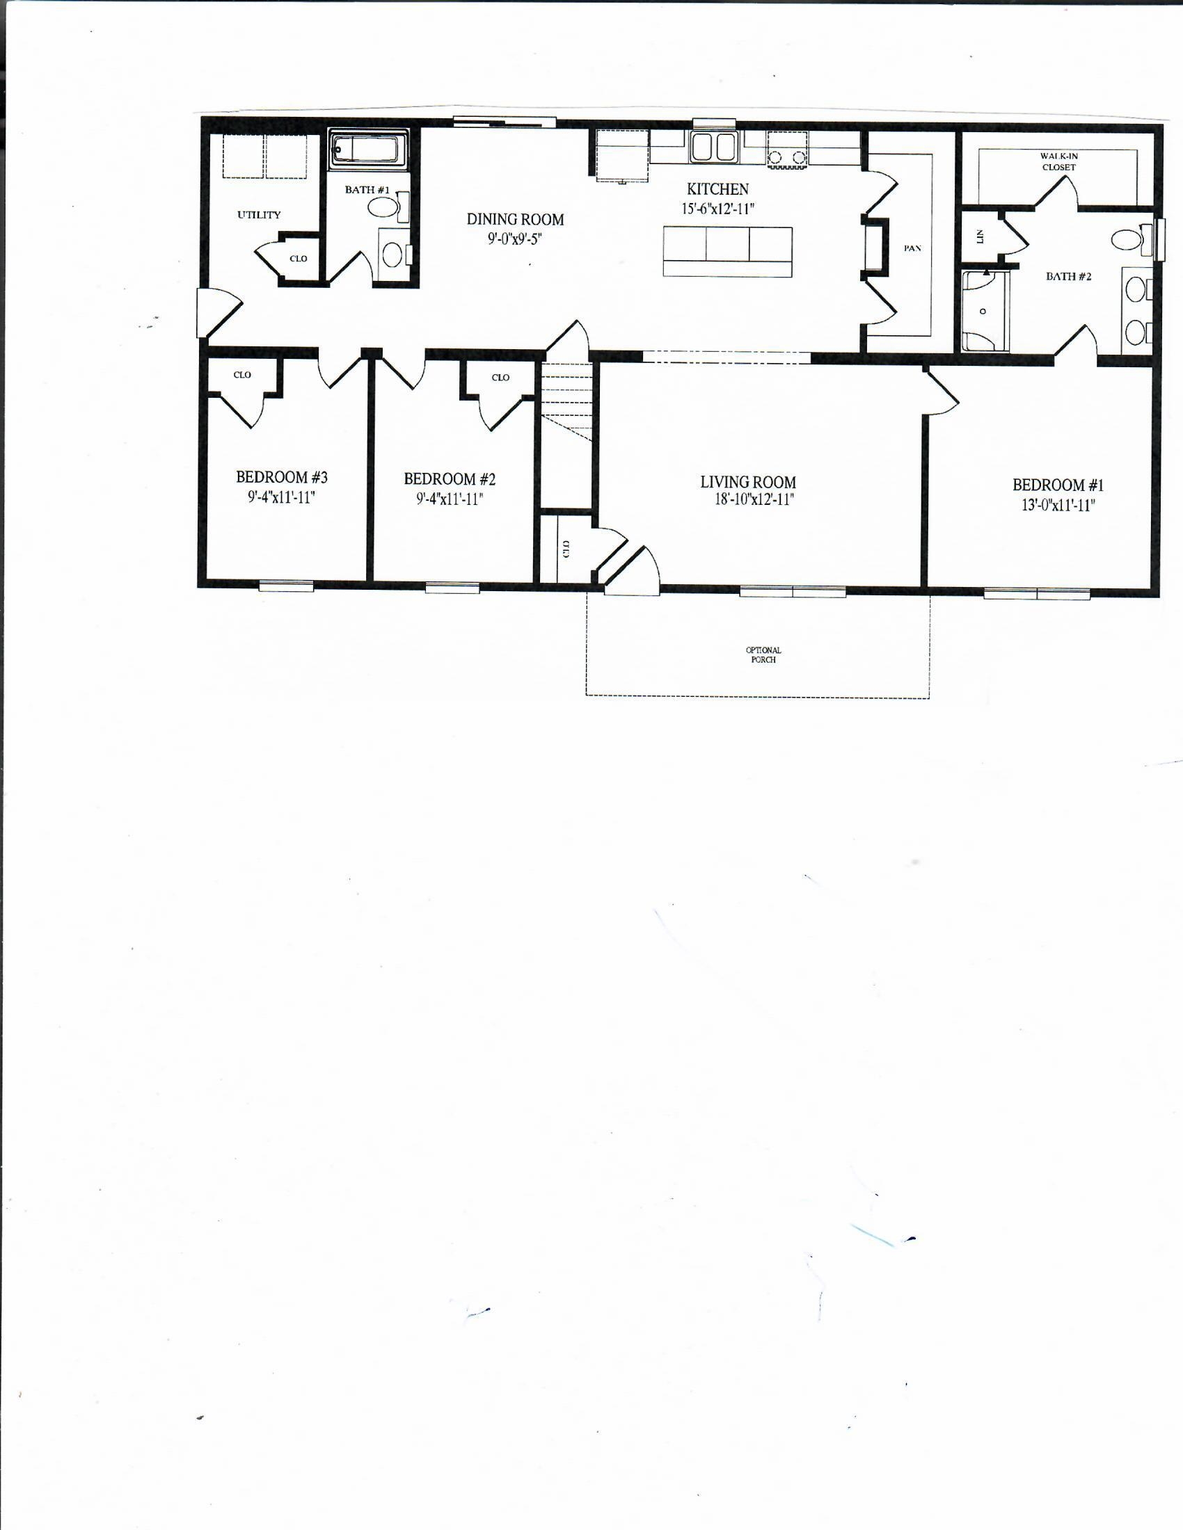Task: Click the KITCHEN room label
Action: click(x=717, y=189)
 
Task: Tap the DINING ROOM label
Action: click(x=515, y=220)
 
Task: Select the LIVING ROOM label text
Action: click(x=748, y=482)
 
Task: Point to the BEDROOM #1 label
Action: click(x=1058, y=485)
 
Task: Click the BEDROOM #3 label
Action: click(x=282, y=477)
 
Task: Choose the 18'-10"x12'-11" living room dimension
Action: click(x=750, y=499)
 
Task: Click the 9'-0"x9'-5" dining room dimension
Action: click(x=515, y=239)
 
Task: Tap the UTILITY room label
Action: click(x=259, y=215)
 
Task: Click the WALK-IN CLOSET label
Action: click(x=1058, y=162)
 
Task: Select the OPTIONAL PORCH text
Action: click(x=763, y=654)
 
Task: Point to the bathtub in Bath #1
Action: click(x=367, y=150)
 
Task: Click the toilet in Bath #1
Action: click(x=384, y=207)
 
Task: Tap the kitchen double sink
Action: click(x=713, y=147)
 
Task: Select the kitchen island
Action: click(x=727, y=251)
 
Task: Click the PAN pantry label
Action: click(x=912, y=248)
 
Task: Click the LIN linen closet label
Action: click(x=980, y=236)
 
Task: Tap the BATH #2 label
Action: click(x=1068, y=277)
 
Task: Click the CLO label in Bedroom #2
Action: click(x=500, y=378)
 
